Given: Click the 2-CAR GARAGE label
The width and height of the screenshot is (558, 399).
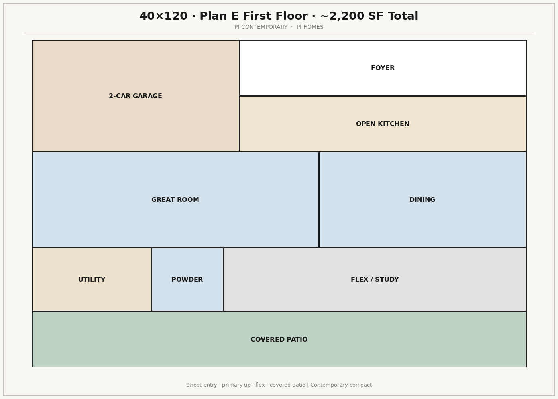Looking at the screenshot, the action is [135, 96].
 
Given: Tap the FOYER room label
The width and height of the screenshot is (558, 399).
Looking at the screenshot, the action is [383, 68].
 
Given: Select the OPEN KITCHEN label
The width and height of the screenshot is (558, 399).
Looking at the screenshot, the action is [382, 124].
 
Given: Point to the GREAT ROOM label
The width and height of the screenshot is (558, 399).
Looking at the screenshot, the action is [175, 200].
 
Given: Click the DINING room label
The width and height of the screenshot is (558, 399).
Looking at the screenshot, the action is [422, 200].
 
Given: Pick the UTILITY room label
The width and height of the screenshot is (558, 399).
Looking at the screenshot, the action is [92, 280].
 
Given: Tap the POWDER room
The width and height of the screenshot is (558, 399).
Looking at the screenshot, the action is [187, 280].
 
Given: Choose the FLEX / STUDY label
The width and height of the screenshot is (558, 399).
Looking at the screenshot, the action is [375, 280].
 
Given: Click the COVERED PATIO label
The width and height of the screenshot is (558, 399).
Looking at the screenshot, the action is [279, 340].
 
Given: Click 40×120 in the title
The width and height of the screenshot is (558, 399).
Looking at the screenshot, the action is [163, 16].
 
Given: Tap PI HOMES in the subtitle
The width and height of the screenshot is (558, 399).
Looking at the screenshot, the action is [310, 27].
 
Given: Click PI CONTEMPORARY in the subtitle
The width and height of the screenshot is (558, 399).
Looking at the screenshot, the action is [261, 27].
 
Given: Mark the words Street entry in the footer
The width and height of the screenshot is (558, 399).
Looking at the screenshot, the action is [201, 385].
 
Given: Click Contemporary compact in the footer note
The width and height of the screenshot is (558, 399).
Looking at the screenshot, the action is [341, 385].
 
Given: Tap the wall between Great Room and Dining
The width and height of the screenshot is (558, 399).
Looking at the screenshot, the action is [319, 200].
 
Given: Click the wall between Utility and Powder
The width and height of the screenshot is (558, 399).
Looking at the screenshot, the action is [151, 280].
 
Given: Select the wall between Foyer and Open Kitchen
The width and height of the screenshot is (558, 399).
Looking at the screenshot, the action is [383, 96].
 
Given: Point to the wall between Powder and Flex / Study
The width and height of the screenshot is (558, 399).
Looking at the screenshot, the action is [223, 280].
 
